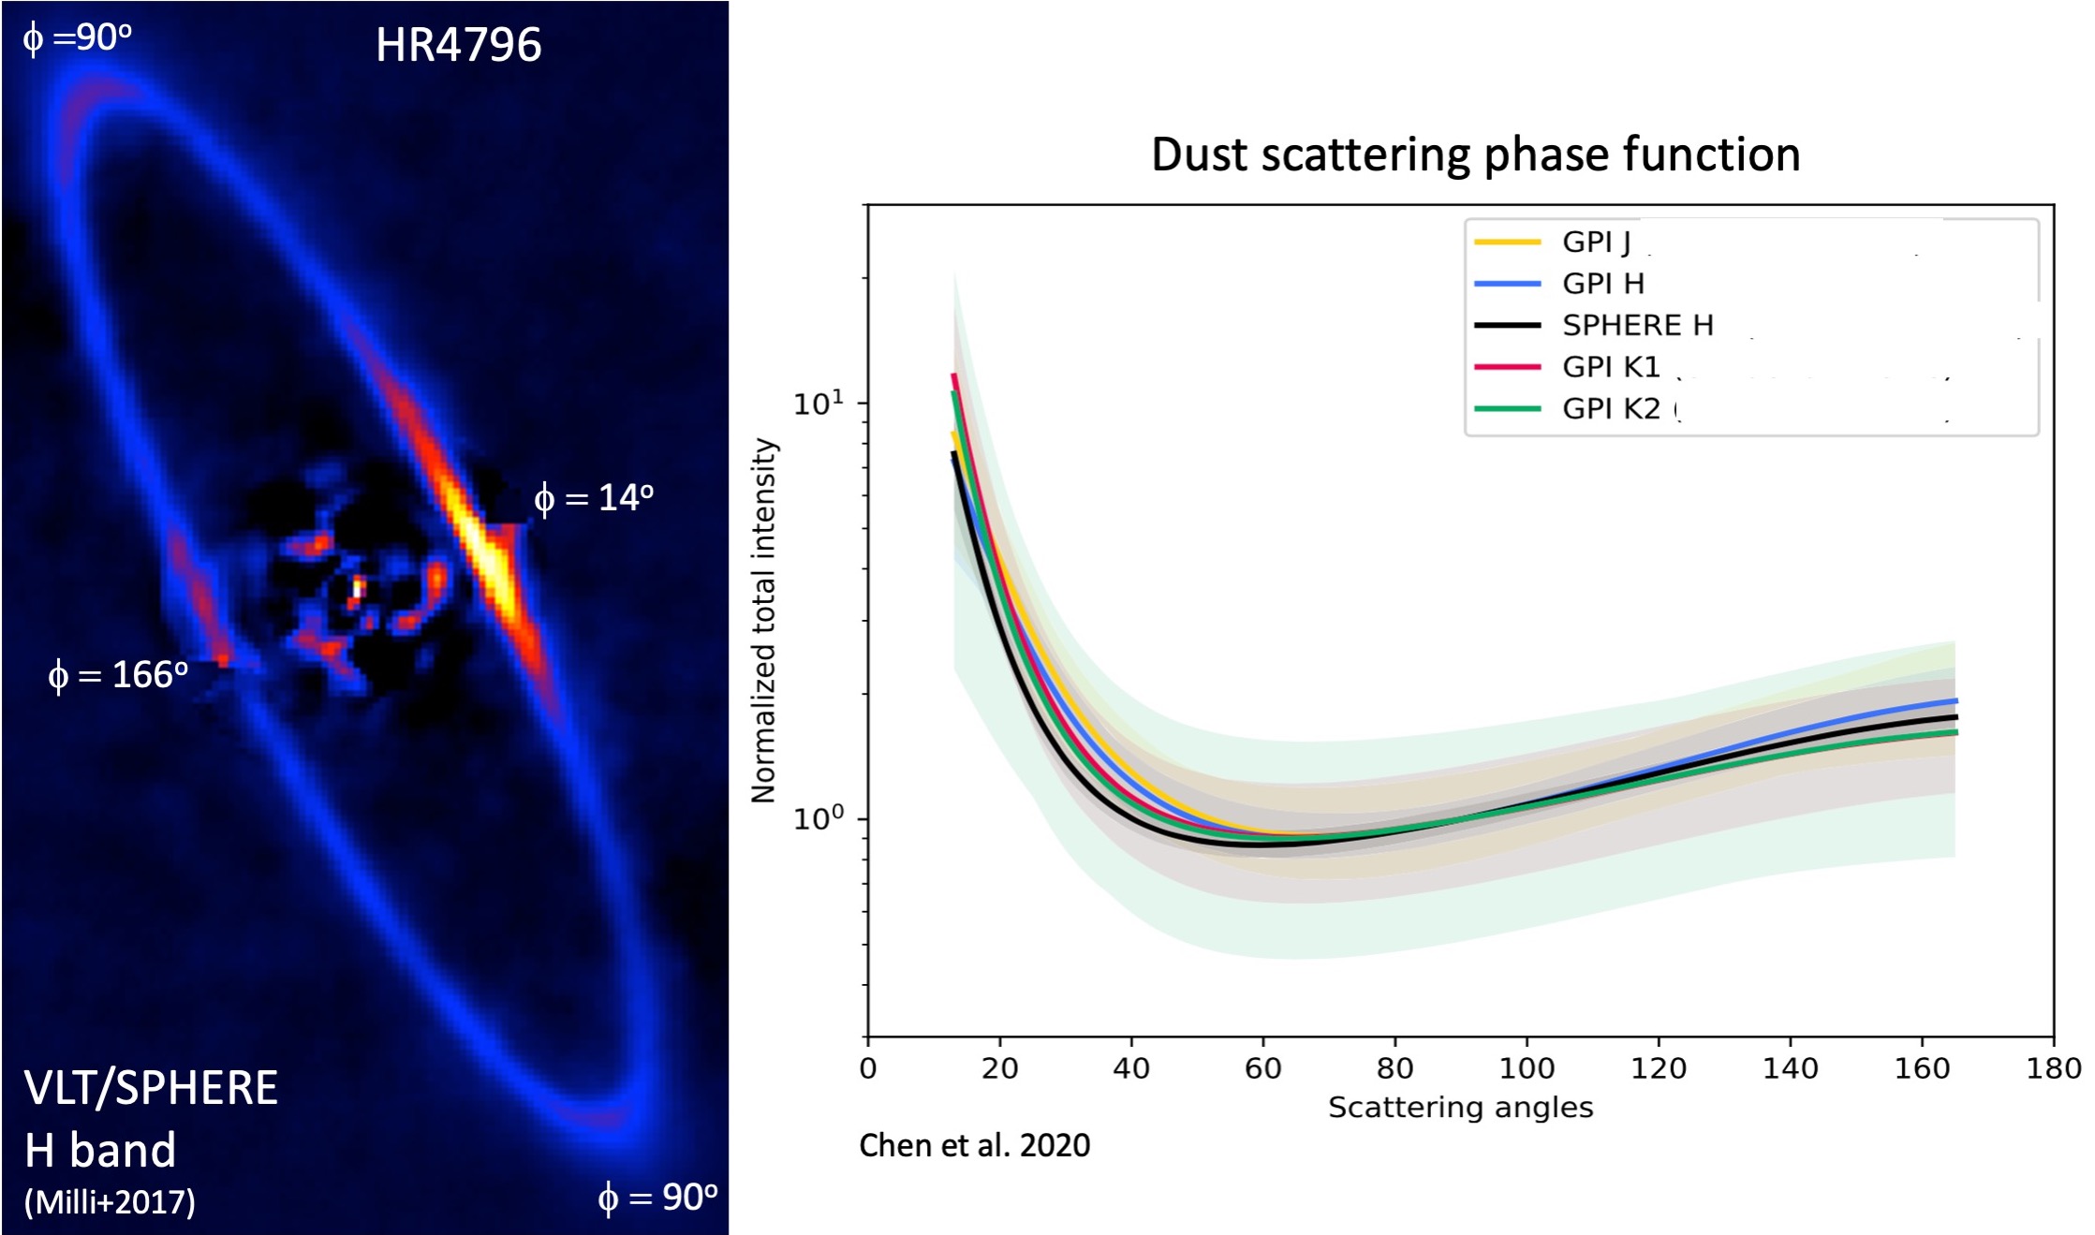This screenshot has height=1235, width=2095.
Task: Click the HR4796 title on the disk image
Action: coord(458,44)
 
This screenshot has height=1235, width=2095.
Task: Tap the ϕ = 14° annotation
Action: coord(594,497)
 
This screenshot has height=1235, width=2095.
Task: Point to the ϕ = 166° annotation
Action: coord(118,674)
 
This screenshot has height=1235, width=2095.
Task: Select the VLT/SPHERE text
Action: coord(151,1088)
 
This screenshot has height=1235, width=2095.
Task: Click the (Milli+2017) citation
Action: coord(110,1201)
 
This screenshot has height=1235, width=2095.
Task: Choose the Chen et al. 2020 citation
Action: coord(974,1145)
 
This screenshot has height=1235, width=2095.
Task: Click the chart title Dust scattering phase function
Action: coord(1475,154)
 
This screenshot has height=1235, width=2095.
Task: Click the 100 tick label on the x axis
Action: coord(1527,1068)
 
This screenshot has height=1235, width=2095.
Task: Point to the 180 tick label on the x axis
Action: coord(2054,1068)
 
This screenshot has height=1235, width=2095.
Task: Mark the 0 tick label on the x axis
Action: coord(868,1068)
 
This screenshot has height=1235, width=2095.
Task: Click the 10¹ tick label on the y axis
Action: coord(819,403)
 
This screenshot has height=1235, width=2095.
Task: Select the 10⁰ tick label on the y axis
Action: coord(819,817)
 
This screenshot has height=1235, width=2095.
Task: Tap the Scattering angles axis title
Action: coord(1460,1108)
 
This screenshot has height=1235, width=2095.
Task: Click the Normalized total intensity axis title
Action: coord(764,620)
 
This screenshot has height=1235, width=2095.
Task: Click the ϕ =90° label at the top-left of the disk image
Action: coord(77,37)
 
